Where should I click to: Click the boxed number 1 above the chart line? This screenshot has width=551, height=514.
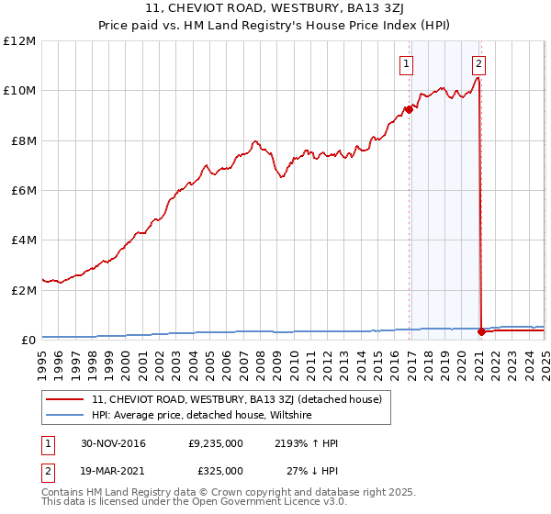pos(406,64)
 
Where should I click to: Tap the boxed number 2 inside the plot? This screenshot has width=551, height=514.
pos(479,64)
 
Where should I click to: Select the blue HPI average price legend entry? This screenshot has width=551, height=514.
pos(202,415)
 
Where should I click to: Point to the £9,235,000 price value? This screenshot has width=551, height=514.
pos(215,443)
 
